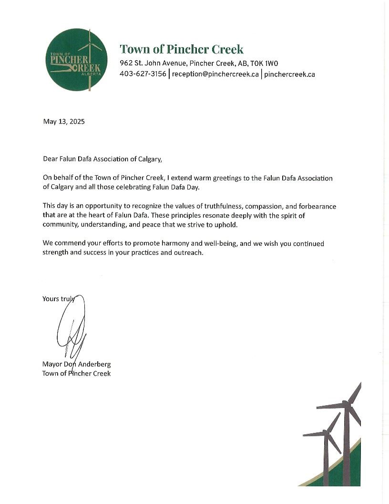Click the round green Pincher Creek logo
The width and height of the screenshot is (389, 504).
[77, 60]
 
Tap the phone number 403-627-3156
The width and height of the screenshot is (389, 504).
[143, 74]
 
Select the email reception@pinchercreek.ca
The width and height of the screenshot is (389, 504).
[215, 74]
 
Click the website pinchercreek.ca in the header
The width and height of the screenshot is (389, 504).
[289, 74]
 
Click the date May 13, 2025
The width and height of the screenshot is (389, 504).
[63, 122]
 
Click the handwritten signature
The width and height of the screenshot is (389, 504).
[72, 327]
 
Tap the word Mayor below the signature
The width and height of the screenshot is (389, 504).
[52, 364]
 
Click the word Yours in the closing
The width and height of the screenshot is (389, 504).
[51, 299]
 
